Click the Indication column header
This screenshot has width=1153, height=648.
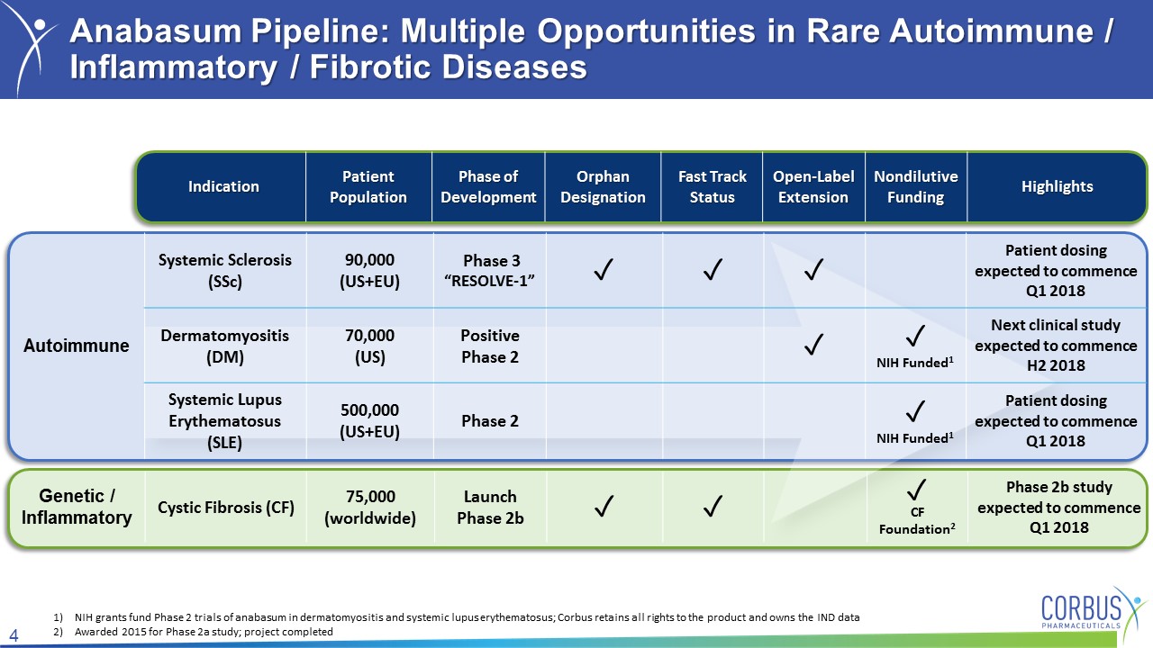click(223, 186)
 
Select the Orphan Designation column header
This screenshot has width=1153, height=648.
click(603, 186)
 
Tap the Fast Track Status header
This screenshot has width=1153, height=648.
click(712, 186)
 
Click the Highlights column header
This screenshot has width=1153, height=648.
click(1057, 186)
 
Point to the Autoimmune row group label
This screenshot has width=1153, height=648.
click(77, 345)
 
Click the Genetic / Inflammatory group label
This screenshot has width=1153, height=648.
click(77, 507)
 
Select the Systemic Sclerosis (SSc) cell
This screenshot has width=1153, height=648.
click(225, 271)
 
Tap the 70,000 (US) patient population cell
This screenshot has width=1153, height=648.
click(369, 346)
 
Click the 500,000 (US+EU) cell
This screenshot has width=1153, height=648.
click(369, 420)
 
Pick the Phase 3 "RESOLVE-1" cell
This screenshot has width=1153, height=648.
click(489, 271)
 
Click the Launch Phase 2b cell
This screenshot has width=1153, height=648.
click(490, 507)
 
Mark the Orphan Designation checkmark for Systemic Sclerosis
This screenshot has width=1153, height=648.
click(604, 269)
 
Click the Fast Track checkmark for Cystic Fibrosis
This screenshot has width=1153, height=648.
click(713, 506)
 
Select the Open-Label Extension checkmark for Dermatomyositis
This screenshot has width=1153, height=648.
click(813, 344)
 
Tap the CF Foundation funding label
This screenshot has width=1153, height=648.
click(917, 520)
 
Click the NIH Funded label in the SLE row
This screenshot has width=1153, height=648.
click(914, 437)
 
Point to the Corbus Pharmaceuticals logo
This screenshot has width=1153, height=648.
click(1091, 611)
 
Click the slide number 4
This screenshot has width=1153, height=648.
click(14, 635)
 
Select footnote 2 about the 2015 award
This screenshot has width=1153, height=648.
click(193, 632)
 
